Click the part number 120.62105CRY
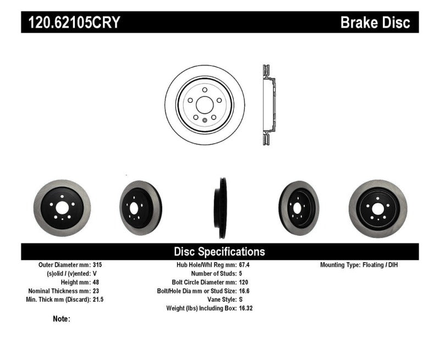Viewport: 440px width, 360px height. click(74, 23)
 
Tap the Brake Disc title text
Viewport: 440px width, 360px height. click(375, 23)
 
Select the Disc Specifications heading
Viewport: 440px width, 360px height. click(219, 252)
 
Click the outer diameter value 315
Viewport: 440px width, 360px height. click(97, 265)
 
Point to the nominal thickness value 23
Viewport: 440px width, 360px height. click(96, 291)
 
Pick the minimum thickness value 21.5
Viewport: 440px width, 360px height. click(98, 300)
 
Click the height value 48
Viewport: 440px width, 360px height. click(96, 282)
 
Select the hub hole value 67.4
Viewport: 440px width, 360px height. click(244, 265)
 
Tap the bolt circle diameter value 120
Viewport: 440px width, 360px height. click(244, 282)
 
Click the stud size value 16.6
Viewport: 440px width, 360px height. click(244, 291)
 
